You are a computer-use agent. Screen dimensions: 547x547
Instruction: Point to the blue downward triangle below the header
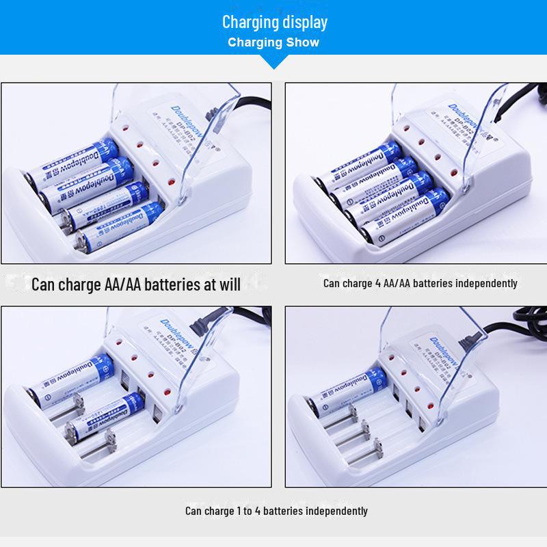coord(273,62)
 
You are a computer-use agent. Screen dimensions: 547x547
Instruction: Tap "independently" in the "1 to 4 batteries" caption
coord(337,511)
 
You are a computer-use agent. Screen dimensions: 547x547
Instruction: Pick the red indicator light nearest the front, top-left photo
coord(169,182)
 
